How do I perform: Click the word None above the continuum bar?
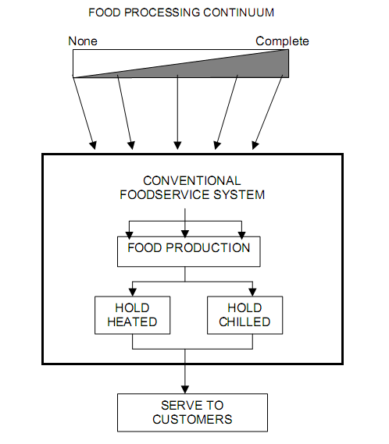(x=83, y=41)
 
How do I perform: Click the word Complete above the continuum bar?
(x=282, y=41)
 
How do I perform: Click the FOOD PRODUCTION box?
(x=189, y=252)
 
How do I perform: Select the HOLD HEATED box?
(x=133, y=315)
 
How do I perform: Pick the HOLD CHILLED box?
(x=245, y=315)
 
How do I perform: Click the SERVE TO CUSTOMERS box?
(x=192, y=413)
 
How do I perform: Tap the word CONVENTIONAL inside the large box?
(x=192, y=181)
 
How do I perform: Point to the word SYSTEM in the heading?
(x=239, y=195)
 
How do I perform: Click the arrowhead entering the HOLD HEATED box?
(x=133, y=292)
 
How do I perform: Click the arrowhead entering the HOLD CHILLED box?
(x=252, y=292)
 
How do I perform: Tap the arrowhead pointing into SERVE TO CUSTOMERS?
(x=185, y=389)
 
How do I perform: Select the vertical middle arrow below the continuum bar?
(x=178, y=112)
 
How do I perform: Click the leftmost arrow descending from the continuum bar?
(x=84, y=113)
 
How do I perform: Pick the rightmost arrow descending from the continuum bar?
(x=268, y=112)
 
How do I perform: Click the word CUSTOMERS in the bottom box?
(x=192, y=419)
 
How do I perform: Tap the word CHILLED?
(x=244, y=322)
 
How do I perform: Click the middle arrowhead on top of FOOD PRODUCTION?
(x=185, y=233)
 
